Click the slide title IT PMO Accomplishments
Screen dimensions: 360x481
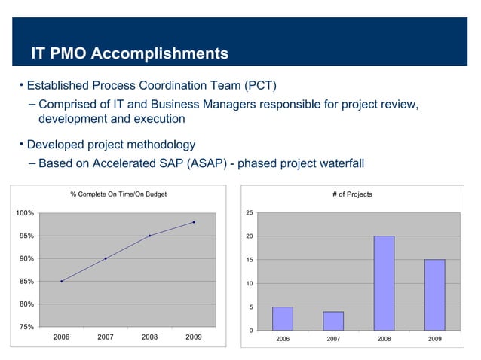point(129,54)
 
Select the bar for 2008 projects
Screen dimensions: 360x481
point(384,283)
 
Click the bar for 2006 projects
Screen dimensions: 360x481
point(282,319)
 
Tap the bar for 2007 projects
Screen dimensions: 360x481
point(333,321)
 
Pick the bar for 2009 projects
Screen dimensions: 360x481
point(434,294)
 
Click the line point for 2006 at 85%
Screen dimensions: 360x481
point(62,282)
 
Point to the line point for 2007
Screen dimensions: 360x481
point(106,258)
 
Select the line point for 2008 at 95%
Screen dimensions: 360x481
point(150,236)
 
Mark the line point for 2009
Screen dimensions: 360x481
point(194,222)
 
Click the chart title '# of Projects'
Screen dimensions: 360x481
point(352,194)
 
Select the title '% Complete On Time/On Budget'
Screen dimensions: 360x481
point(118,194)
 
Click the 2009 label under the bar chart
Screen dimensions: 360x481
point(434,340)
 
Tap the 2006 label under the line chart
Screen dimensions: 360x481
point(62,337)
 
